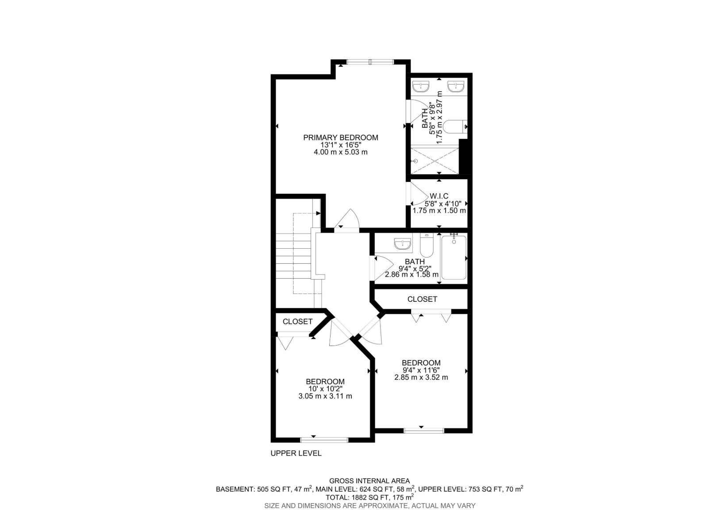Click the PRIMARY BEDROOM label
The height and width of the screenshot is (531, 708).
tap(340, 138)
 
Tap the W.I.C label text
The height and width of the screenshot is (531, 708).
tap(439, 196)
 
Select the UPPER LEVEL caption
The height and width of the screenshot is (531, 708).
tap(296, 453)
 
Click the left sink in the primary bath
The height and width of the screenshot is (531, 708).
tap(421, 86)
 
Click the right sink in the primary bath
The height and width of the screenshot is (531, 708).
tap(455, 86)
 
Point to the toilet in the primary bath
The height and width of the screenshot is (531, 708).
tap(453, 127)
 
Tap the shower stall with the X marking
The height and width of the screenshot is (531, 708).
tap(435, 162)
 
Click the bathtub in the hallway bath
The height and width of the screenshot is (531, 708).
tap(454, 258)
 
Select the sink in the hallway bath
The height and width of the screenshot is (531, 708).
tap(403, 244)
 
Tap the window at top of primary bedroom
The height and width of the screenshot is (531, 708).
tap(369, 62)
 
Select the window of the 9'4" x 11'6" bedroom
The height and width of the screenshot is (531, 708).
tap(423, 430)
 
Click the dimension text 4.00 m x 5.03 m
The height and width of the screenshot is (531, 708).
tap(340, 152)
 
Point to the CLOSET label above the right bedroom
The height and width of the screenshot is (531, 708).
tap(422, 299)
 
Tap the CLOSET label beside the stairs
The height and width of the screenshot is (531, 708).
tap(297, 322)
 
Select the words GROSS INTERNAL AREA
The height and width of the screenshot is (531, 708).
tap(369, 481)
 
